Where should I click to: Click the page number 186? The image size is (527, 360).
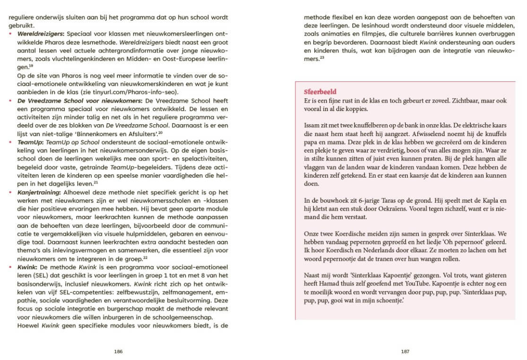pos(118,351)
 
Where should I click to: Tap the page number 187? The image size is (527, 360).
pos(405,351)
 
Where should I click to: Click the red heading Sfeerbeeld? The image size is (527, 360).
pos(320,92)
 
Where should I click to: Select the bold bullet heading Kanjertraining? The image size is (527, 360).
pos(37,193)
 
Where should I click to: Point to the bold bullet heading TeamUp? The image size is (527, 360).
pos(30,141)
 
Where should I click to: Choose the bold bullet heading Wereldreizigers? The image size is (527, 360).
pos(41,34)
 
